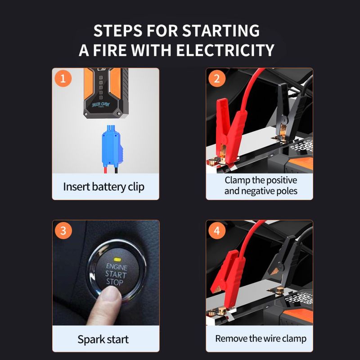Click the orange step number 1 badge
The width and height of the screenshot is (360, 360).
(x=63, y=79)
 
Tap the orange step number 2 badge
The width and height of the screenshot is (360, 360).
(x=217, y=79)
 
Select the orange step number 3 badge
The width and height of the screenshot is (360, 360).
(x=63, y=231)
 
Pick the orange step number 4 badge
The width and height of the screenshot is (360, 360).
(x=217, y=231)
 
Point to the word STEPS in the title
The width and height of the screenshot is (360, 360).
(x=118, y=31)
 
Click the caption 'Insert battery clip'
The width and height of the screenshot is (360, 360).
(x=104, y=187)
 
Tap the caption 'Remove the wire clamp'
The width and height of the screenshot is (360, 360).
(x=260, y=338)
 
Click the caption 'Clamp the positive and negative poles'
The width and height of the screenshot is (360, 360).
(x=261, y=185)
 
